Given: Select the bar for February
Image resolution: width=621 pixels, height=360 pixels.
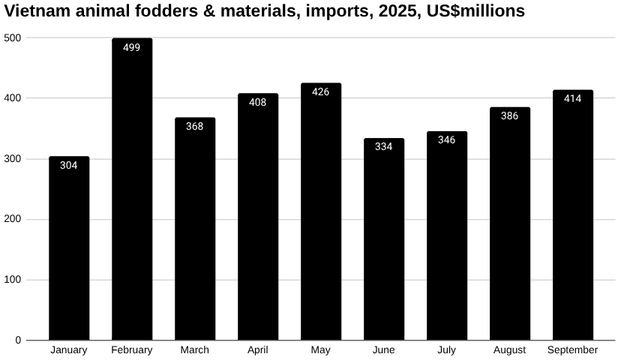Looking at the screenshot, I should tap(132, 195).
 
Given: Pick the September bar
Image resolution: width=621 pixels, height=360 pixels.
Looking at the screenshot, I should tap(573, 217).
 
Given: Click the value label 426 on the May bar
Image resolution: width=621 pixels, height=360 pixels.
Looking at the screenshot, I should tap(321, 92).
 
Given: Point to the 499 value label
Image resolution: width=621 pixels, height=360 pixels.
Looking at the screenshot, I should tap(132, 48).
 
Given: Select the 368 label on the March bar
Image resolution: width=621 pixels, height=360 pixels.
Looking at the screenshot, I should tap(195, 127).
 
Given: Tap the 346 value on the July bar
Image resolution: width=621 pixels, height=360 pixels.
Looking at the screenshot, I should tap(447, 140).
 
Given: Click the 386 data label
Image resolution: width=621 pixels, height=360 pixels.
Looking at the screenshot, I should tap(510, 116).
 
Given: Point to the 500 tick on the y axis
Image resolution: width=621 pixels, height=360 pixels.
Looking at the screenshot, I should tap(13, 37).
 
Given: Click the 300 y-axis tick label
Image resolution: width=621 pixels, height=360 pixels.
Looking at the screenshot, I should tap(13, 159).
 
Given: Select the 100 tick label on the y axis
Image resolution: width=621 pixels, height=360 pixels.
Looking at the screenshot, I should tap(13, 280).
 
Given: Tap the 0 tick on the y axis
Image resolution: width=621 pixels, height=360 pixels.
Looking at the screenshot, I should tap(19, 340).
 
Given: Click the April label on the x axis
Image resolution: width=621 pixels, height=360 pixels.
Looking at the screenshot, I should tap(258, 350).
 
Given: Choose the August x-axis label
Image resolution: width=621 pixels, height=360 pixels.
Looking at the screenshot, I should tap(510, 350).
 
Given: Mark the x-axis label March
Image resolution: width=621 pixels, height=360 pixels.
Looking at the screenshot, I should tap(195, 350).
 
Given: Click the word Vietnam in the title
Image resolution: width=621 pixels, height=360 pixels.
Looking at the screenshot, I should tap(33, 11).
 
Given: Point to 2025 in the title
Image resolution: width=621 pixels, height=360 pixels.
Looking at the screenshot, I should tap(397, 11).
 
